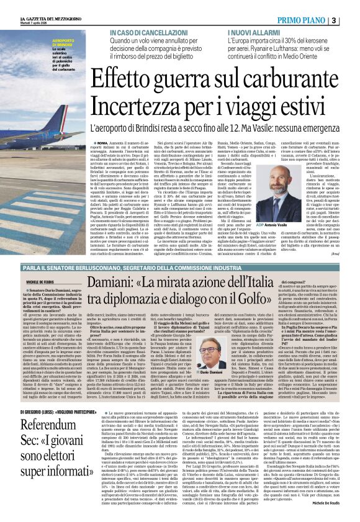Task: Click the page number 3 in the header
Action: [x=352, y=20]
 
